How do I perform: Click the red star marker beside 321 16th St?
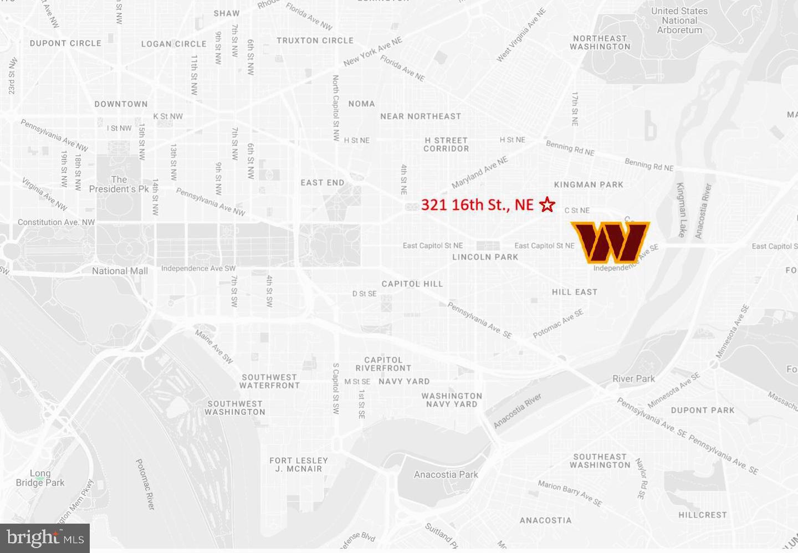tap(547, 204)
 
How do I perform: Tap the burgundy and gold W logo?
tap(610, 242)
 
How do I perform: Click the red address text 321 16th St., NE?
tap(477, 204)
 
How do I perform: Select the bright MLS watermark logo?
tap(45, 538)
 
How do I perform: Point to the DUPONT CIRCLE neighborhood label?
tap(65, 43)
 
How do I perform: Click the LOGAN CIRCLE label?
tap(173, 44)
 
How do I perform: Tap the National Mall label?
tap(120, 271)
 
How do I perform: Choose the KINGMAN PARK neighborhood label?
tap(589, 185)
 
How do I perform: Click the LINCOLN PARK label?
tap(485, 257)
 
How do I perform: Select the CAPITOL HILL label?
tap(412, 284)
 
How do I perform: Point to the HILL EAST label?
tap(575, 292)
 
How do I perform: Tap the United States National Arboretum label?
tap(679, 21)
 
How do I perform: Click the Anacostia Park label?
tap(446, 474)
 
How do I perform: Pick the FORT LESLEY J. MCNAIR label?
tap(299, 464)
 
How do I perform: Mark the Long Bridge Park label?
tap(40, 478)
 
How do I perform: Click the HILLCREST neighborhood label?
tap(702, 515)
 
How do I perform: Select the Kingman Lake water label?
tap(681, 210)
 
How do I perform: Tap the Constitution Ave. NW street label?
tap(56, 222)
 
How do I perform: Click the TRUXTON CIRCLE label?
tap(315, 40)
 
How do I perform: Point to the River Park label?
tap(633, 379)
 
